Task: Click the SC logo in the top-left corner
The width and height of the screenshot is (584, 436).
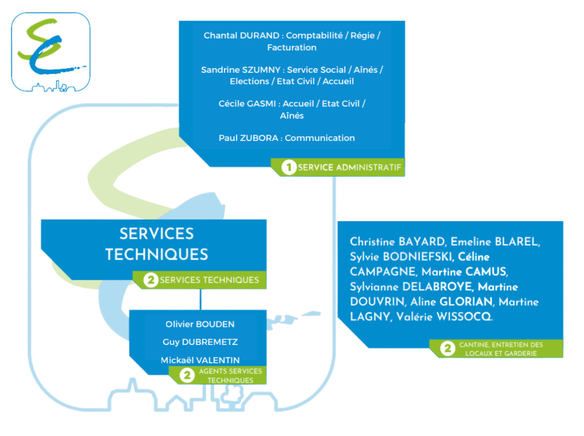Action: click(51, 52)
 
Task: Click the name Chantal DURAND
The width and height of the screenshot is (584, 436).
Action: click(241, 35)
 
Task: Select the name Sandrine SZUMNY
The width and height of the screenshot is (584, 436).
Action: click(240, 70)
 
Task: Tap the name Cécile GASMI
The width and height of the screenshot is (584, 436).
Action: click(247, 104)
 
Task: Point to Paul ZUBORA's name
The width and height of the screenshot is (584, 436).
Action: click(248, 138)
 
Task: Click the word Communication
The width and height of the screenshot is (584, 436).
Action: click(320, 138)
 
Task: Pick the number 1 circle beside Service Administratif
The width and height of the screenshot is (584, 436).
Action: click(288, 167)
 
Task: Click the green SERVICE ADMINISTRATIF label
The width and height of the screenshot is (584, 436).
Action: click(349, 167)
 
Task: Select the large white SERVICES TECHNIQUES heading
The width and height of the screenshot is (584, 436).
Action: click(157, 244)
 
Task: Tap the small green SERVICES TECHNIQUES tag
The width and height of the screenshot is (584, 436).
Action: click(209, 280)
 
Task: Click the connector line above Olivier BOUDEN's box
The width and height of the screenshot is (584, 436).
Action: click(201, 299)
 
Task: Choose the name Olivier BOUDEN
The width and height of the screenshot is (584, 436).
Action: click(200, 324)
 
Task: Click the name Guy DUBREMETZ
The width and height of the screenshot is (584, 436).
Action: click(200, 342)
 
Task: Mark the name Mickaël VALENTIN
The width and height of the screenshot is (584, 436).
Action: click(200, 360)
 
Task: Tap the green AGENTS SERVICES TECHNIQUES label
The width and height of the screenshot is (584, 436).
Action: click(230, 376)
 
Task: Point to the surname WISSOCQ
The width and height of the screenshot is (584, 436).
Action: click(464, 316)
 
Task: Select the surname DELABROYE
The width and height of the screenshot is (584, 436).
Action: click(437, 287)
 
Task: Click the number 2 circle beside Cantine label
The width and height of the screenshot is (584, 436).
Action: click(448, 348)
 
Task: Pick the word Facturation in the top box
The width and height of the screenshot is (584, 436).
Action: click(292, 47)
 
